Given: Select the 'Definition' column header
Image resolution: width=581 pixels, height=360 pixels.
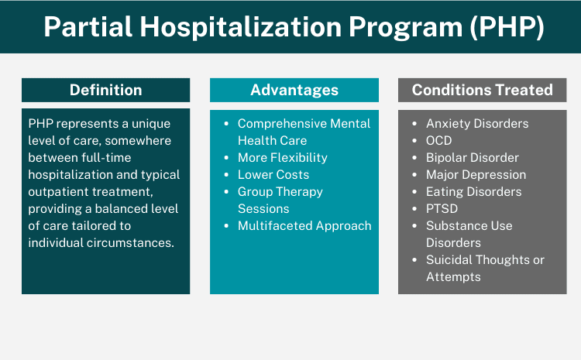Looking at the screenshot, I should pyautogui.click(x=105, y=90).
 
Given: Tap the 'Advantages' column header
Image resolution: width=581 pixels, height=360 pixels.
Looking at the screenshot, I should pyautogui.click(x=294, y=90).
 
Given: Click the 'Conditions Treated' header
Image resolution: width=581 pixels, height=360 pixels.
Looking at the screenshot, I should pyautogui.click(x=482, y=90).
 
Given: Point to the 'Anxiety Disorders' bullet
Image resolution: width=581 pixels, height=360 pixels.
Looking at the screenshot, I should pyautogui.click(x=477, y=124).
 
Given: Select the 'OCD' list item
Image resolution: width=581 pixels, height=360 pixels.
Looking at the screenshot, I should pyautogui.click(x=438, y=141).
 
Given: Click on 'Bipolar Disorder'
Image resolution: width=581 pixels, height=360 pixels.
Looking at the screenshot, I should pyautogui.click(x=473, y=158).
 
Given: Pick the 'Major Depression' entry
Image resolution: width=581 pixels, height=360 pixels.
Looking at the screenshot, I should pyautogui.click(x=476, y=175).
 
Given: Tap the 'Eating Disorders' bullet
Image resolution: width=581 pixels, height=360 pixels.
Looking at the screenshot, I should pyautogui.click(x=473, y=192).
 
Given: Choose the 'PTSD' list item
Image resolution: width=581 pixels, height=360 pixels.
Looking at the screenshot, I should pyautogui.click(x=441, y=209).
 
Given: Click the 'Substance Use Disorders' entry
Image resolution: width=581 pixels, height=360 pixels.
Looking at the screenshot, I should pyautogui.click(x=469, y=234).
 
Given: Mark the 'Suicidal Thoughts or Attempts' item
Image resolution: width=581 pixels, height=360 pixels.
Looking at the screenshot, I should pyautogui.click(x=484, y=268).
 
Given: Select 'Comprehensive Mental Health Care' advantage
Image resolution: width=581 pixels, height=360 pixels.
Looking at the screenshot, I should pyautogui.click(x=304, y=132).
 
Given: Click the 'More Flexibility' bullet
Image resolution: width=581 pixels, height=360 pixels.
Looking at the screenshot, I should pyautogui.click(x=282, y=158).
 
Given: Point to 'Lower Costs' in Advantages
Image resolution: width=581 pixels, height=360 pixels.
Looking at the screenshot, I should pyautogui.click(x=273, y=175).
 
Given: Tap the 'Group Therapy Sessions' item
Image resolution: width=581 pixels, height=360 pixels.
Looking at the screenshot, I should pyautogui.click(x=280, y=200).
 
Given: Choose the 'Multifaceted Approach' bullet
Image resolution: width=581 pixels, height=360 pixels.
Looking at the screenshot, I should pyautogui.click(x=304, y=226).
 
